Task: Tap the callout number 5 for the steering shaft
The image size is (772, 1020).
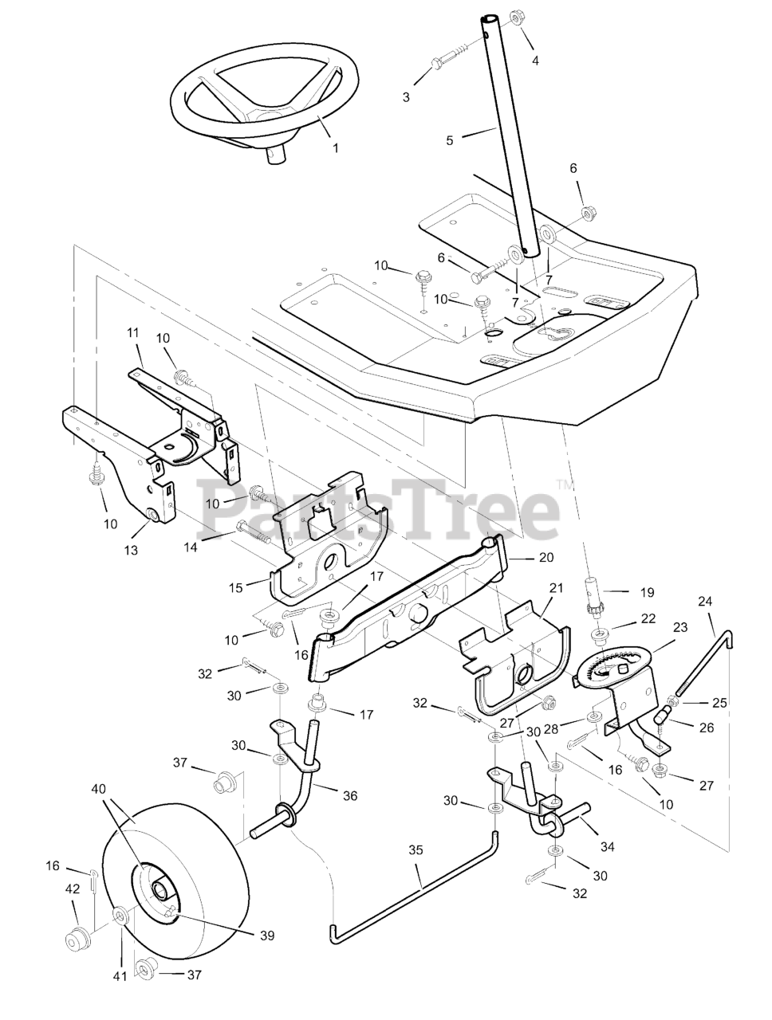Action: tap(450, 140)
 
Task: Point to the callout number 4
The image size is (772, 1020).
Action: tap(535, 61)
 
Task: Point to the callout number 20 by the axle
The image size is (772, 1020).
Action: tap(546, 558)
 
